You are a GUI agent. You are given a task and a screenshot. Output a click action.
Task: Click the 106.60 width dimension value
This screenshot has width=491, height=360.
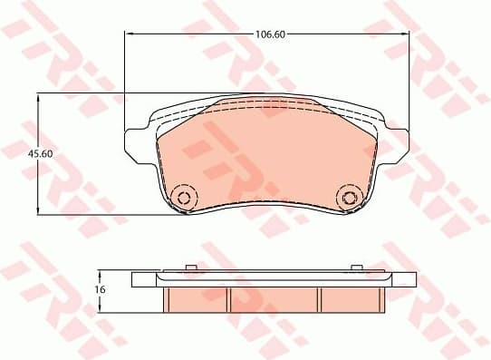(266, 34)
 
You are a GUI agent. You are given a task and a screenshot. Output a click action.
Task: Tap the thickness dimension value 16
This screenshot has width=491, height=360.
(101, 288)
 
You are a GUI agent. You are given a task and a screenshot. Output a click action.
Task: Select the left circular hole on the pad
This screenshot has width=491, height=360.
(184, 198)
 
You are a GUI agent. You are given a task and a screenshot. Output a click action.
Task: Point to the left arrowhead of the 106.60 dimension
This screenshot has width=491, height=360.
(128, 34)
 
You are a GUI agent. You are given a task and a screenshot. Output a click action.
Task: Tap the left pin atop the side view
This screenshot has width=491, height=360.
(190, 267)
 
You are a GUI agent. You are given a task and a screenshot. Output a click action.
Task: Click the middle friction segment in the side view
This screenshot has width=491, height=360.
(274, 298)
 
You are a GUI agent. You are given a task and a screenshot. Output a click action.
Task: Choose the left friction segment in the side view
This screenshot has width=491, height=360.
(197, 298)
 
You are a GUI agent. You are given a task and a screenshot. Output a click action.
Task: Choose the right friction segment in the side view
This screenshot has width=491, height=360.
(351, 298)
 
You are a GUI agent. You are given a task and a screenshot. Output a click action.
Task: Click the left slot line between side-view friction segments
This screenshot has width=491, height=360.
(229, 298)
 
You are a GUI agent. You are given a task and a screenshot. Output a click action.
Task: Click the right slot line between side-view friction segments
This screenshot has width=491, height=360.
(319, 298)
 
